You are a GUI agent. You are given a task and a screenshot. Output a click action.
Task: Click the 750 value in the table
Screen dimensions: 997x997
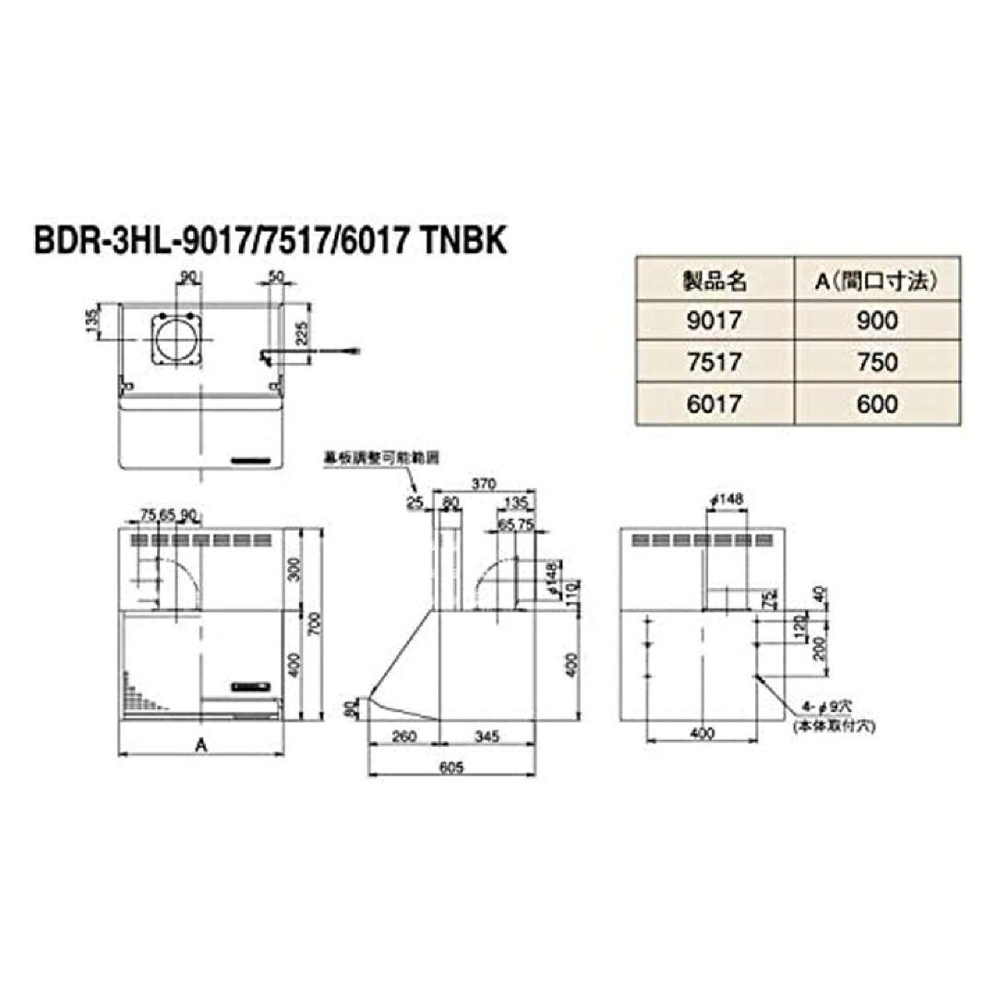876,362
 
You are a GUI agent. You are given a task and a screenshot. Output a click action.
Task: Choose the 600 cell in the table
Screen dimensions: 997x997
876,404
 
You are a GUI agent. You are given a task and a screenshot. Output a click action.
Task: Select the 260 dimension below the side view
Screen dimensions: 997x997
402,737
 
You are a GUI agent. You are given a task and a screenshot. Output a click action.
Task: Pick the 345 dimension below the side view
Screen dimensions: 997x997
486,737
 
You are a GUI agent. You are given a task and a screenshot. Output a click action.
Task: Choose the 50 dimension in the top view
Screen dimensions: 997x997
275,277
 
